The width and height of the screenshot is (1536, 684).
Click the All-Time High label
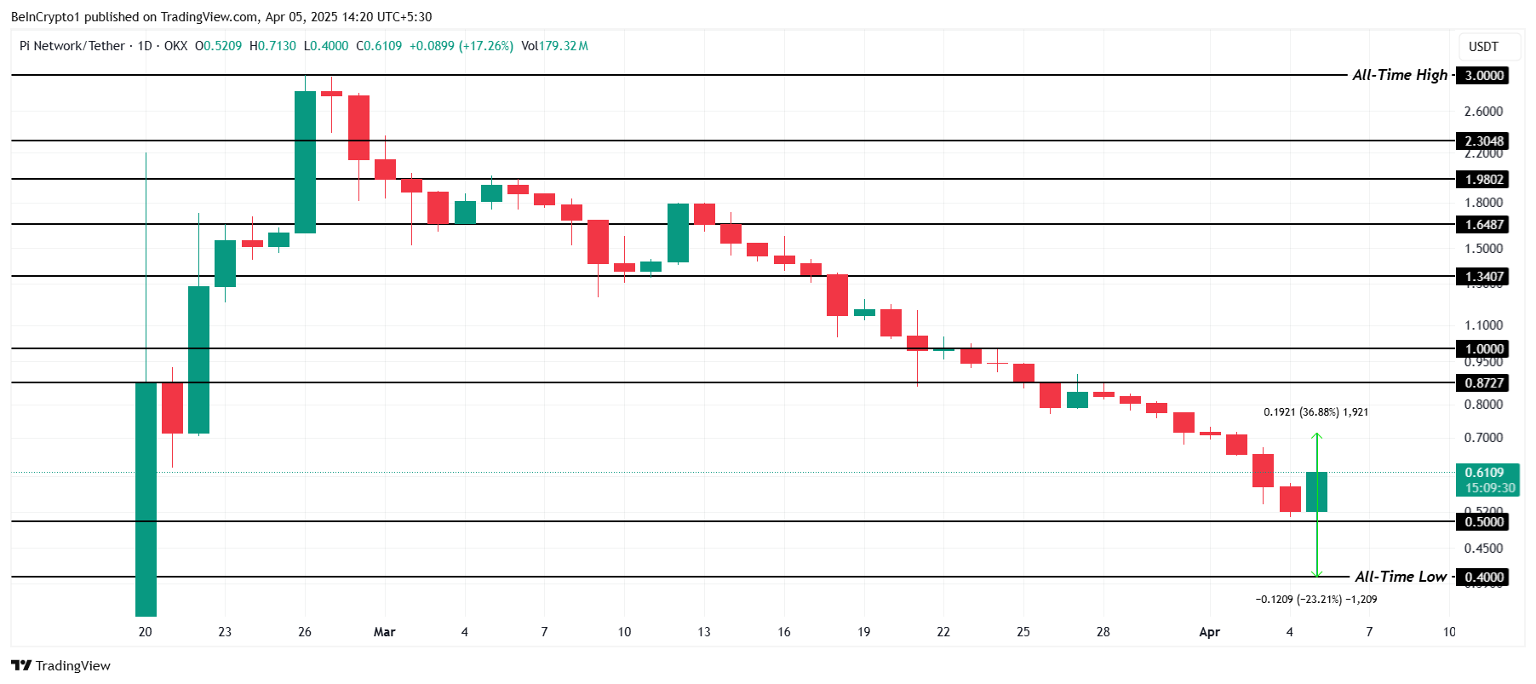coord(1400,75)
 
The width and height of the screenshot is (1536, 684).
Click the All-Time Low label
coord(1401,577)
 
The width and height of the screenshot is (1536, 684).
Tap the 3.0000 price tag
coord(1483,76)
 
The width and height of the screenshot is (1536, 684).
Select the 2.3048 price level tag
coord(1483,141)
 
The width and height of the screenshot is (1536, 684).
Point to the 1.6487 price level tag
coord(1483,225)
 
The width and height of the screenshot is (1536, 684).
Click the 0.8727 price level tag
coord(1483,383)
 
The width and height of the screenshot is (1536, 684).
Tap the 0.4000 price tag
coord(1483,578)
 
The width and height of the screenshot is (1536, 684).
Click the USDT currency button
coord(1483,47)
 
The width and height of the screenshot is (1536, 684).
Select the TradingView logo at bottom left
coord(61,665)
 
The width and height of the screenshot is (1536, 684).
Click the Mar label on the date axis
coord(385,632)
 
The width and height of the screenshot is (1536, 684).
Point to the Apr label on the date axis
coord(1209,632)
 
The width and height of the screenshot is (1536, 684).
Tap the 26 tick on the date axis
coord(305,632)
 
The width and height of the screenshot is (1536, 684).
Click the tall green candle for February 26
coord(305,162)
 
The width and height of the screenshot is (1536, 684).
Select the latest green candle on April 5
coord(1316,491)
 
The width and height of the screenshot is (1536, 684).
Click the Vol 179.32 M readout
coord(554,46)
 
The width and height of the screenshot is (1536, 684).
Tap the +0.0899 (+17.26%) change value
coord(461,46)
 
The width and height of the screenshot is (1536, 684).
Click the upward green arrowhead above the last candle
coord(1316,437)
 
